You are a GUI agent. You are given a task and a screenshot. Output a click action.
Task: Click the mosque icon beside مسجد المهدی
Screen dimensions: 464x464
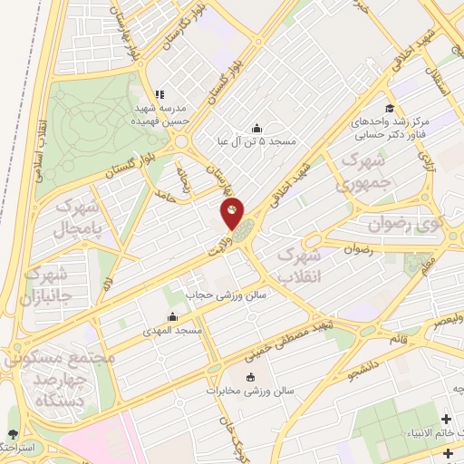[172, 317]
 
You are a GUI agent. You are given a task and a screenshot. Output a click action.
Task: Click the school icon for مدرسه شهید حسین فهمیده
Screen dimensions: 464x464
[159, 93]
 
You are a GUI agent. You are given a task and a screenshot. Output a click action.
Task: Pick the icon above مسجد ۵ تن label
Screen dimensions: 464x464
[256, 127]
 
